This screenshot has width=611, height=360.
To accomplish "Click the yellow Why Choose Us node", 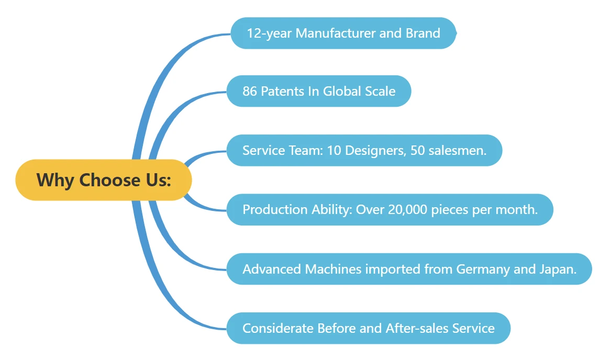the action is point(104,180).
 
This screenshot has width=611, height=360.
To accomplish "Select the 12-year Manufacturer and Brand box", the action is point(343,33).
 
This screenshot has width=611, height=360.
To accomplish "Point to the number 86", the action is point(250,92).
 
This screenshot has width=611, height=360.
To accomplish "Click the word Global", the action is point(342,92).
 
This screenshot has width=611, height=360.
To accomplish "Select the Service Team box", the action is point(364,151).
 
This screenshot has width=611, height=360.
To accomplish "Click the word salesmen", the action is point(459,151).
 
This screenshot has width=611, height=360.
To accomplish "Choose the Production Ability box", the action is point(390,210).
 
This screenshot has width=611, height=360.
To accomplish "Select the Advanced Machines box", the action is point(409,269).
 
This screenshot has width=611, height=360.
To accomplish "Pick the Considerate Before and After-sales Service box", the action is point(368,328).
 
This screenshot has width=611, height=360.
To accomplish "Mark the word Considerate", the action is point(277,328).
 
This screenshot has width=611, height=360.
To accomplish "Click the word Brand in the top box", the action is point(423,33).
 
